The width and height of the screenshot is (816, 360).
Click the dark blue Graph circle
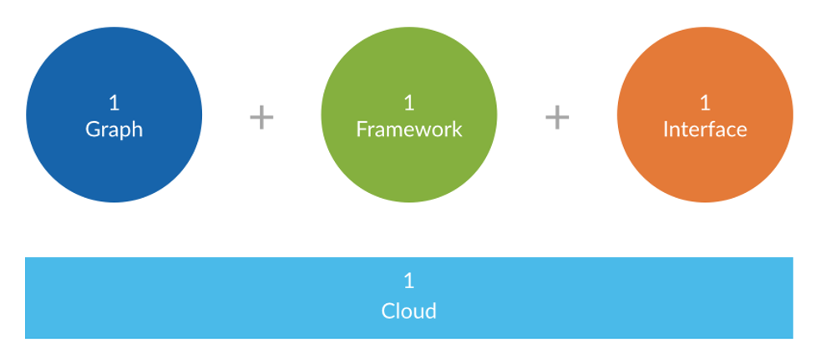[114, 114]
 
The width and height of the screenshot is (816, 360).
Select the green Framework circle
[409, 114]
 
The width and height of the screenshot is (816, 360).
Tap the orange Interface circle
[705, 114]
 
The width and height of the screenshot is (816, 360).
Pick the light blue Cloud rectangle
[409, 297]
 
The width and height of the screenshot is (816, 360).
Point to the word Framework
[409, 129]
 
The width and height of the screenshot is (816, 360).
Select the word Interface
[705, 129]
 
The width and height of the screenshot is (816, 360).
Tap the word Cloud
[409, 311]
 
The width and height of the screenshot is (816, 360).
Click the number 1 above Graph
[114, 103]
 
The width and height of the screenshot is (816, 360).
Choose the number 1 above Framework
[409, 103]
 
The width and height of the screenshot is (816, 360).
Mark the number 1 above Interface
[705, 103]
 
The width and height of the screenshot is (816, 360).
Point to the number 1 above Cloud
[409, 281]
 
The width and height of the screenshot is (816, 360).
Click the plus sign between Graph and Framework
[261, 118]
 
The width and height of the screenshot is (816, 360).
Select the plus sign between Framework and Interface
[557, 118]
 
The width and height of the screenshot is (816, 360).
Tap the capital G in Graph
[93, 129]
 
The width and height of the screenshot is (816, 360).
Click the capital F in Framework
[362, 129]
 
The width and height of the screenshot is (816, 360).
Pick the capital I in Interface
[666, 129]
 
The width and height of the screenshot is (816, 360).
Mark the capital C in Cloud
[388, 312]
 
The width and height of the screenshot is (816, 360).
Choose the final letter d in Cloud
[430, 311]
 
